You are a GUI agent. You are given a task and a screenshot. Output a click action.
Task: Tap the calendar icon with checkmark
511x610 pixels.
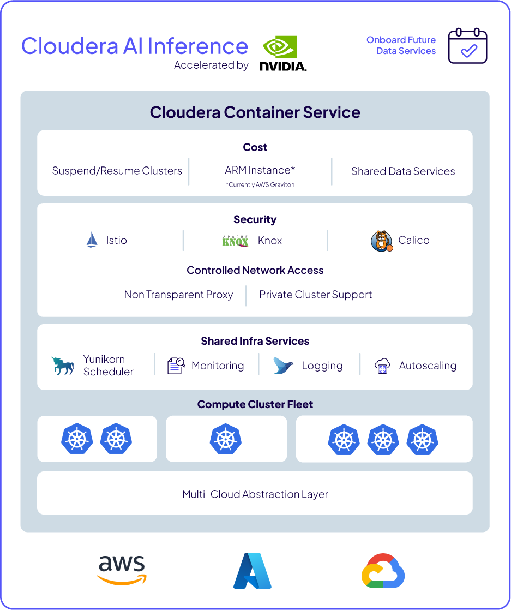click(467, 46)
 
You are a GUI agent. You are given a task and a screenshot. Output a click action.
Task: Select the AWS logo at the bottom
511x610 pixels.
click(122, 570)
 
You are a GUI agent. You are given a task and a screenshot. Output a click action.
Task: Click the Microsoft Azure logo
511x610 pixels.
click(253, 571)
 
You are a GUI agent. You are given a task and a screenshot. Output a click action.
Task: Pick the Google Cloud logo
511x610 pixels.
click(383, 571)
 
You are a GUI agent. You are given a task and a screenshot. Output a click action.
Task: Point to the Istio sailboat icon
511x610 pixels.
click(92, 240)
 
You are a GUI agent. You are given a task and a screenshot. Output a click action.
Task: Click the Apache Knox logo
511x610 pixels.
click(236, 241)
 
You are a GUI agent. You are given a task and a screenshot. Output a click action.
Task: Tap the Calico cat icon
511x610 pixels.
click(381, 241)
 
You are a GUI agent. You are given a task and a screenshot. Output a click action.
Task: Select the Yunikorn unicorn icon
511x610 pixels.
click(63, 366)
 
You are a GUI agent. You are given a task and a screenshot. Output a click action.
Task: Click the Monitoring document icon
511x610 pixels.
click(176, 366)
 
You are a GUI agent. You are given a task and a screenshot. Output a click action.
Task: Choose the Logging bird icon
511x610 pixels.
click(284, 366)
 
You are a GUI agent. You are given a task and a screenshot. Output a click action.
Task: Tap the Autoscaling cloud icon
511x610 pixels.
click(382, 366)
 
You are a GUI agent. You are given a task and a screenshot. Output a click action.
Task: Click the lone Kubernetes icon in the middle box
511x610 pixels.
click(226, 439)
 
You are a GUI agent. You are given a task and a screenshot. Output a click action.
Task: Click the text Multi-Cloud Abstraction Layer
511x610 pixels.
click(255, 494)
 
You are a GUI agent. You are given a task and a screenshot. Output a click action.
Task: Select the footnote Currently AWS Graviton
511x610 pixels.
click(260, 184)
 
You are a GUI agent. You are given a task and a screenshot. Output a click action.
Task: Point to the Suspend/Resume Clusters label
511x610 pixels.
click(117, 171)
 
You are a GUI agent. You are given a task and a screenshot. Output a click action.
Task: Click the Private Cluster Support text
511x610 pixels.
click(315, 295)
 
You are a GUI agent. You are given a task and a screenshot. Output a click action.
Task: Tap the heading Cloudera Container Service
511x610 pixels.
click(255, 112)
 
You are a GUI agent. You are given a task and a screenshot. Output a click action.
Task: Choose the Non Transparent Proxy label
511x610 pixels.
click(178, 295)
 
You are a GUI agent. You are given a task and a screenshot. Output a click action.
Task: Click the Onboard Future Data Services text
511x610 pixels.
click(401, 45)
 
